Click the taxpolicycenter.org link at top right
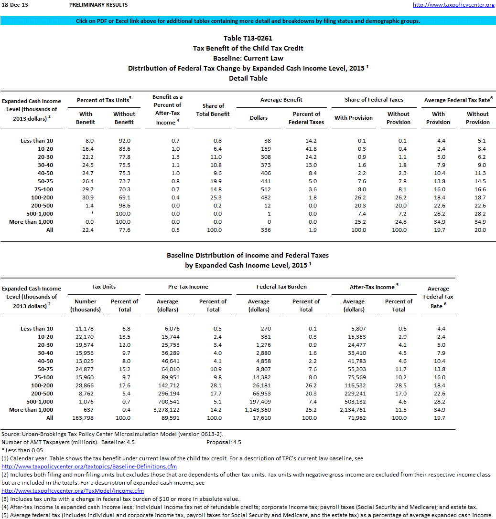(453, 5)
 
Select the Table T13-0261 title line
(248, 38)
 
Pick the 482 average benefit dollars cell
(259, 197)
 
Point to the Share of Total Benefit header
(213, 110)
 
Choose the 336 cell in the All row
(259, 230)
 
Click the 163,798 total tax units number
(86, 418)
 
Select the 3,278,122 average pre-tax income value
(167, 410)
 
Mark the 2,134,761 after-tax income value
(354, 410)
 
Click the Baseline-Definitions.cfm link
(89, 467)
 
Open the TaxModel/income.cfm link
(73, 491)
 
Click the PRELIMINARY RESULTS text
(98, 5)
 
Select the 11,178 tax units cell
(86, 329)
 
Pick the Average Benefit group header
(281, 100)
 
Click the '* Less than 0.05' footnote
(23, 450)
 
